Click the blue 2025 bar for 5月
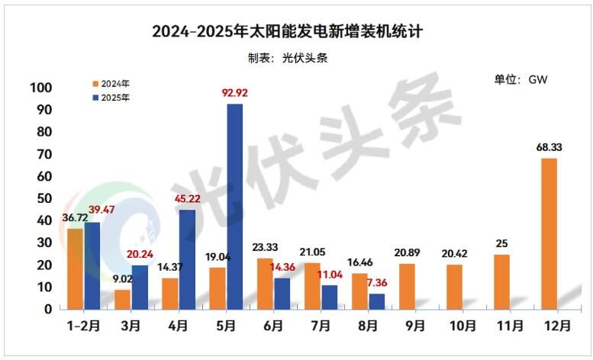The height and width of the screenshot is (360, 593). [234, 206]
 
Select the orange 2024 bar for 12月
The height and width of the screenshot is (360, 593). [549, 233]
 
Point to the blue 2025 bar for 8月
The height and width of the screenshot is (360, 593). [376, 301]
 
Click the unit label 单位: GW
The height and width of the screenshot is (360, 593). [522, 79]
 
